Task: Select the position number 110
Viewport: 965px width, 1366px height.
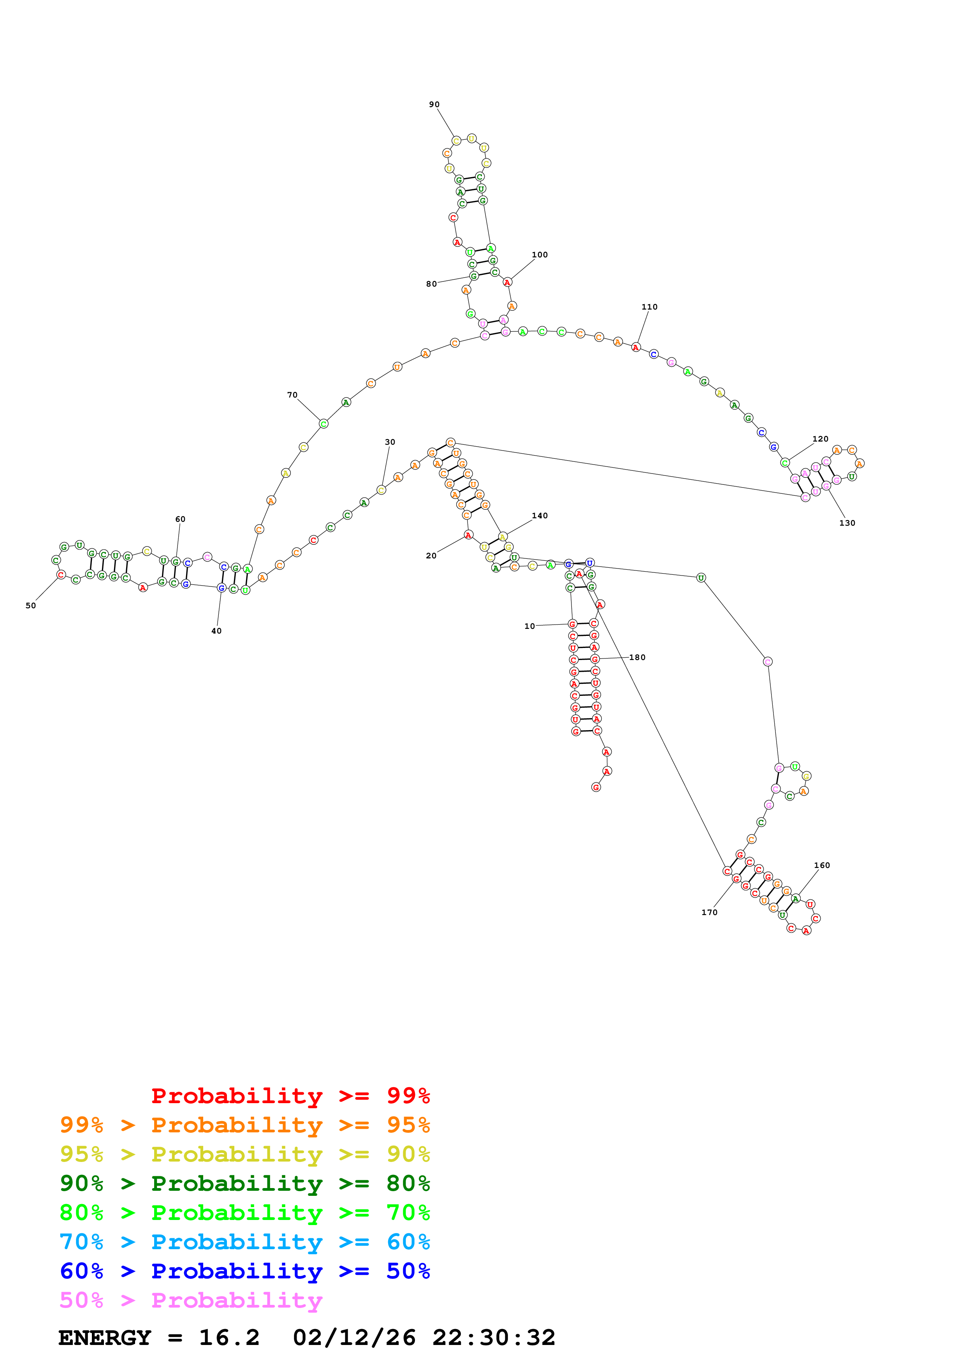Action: (649, 307)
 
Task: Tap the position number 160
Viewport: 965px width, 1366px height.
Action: (822, 865)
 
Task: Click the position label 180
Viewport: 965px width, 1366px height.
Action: (637, 657)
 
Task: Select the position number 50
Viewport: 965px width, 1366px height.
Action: (30, 606)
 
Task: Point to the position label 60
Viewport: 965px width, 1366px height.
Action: (180, 519)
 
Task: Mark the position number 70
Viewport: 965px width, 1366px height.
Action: (292, 395)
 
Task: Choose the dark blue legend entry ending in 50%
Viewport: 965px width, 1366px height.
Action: (244, 1271)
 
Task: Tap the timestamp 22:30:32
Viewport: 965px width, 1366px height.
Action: (494, 1338)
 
